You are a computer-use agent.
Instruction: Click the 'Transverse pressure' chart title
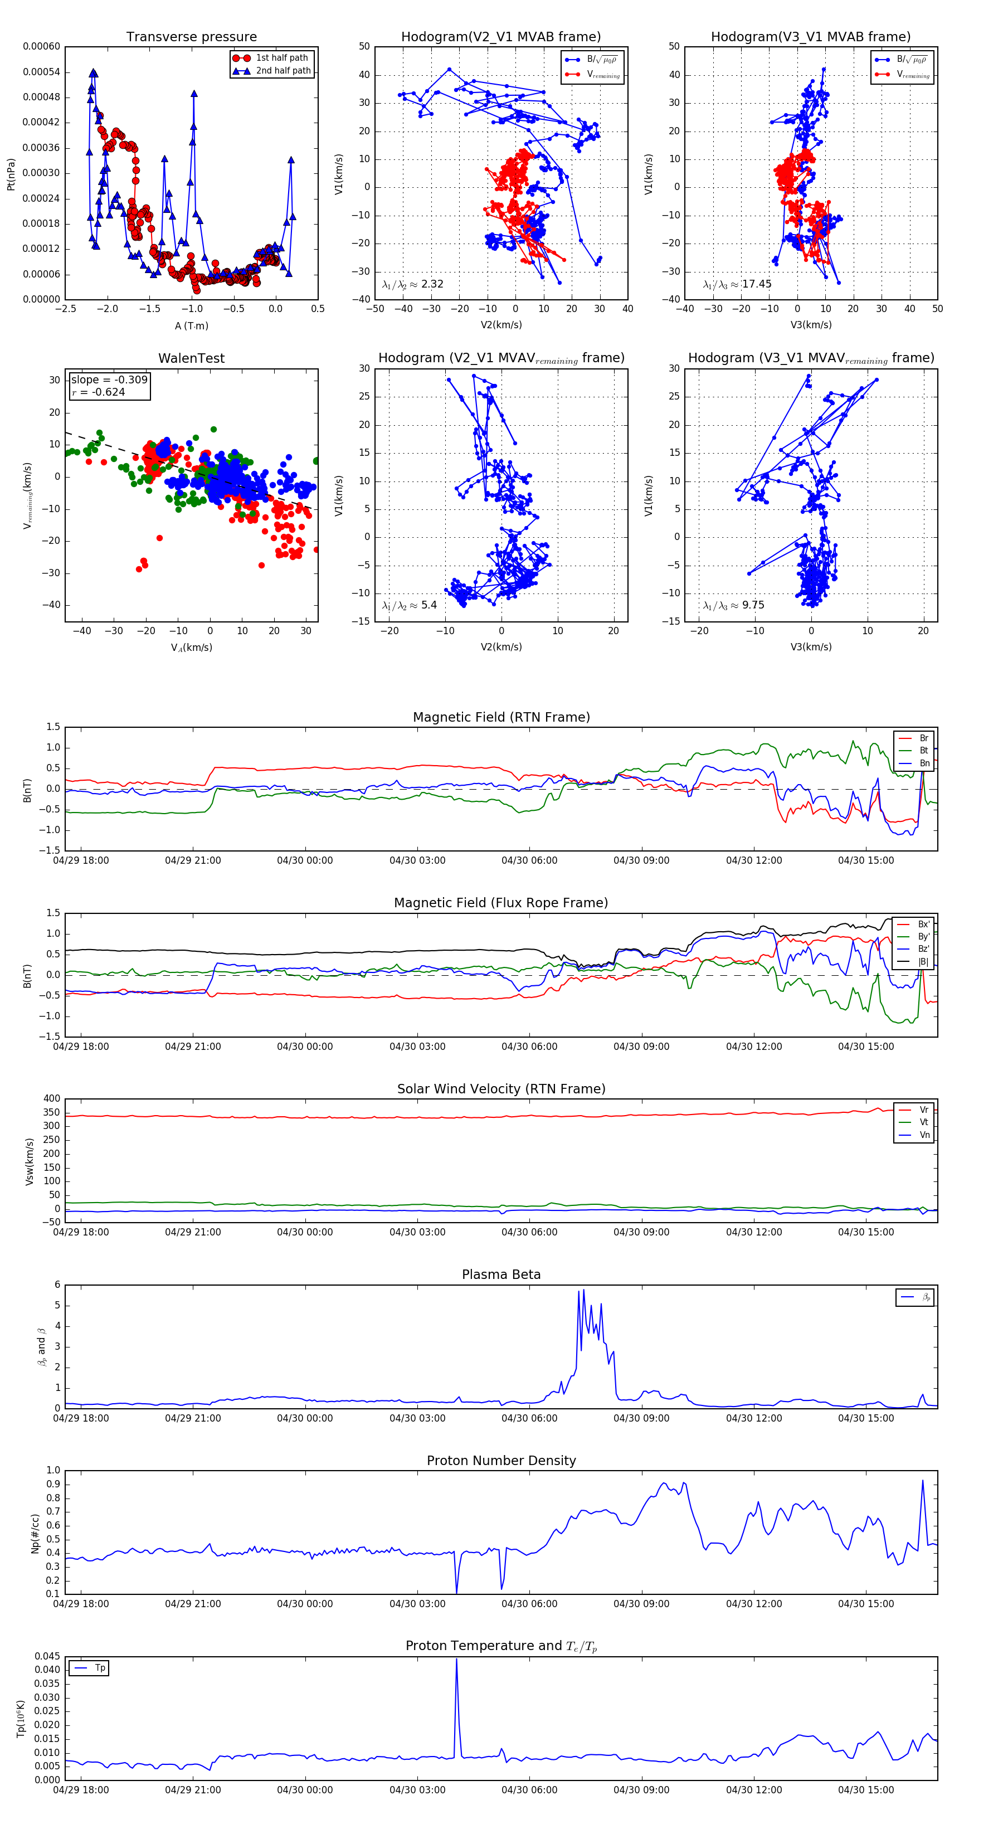point(191,37)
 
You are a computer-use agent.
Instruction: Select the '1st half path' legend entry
point(281,58)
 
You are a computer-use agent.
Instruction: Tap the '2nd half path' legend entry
point(283,71)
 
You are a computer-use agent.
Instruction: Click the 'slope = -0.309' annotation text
point(109,380)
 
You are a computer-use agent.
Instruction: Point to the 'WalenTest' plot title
point(191,358)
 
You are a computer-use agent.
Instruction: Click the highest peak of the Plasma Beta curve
point(583,1290)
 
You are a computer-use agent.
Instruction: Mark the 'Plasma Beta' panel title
point(501,1275)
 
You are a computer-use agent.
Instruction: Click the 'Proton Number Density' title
point(501,1461)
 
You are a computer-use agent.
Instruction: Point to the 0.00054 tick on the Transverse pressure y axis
point(41,72)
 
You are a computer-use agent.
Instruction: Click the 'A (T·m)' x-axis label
point(191,326)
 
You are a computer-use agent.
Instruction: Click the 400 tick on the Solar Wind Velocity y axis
point(51,1099)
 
